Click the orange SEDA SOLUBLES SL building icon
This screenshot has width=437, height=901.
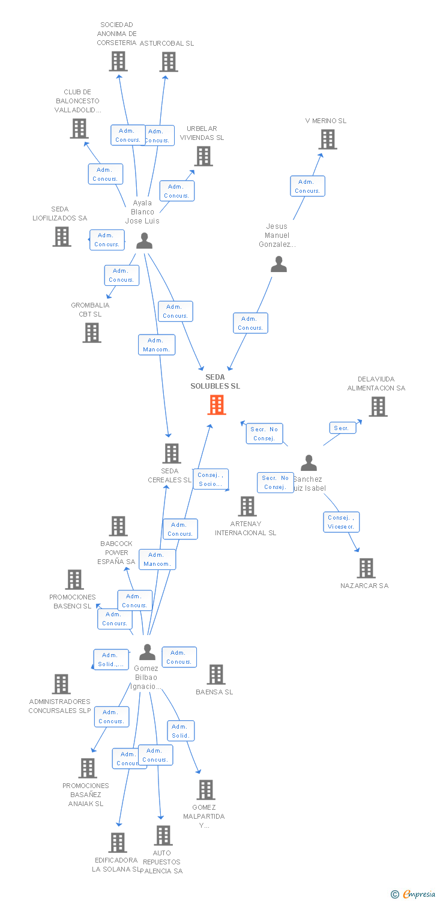coord(216,405)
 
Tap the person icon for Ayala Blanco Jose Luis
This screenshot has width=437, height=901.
coord(144,240)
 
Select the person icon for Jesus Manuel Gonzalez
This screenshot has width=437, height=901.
coord(279,264)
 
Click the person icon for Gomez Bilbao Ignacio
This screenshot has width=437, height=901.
coord(147,652)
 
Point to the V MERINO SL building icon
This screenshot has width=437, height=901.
coord(327,139)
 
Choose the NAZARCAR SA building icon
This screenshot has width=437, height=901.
coord(366,568)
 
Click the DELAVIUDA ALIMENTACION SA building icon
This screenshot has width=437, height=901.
coord(378,407)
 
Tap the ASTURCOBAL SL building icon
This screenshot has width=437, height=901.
coord(169,61)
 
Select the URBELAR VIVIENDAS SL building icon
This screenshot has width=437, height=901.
coord(203,156)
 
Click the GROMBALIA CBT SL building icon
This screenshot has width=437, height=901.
coord(92,332)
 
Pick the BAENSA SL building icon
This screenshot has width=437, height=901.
coord(216,675)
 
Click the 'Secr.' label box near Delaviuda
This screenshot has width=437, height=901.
coord(342,428)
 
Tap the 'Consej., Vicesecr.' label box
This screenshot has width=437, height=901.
coord(342,522)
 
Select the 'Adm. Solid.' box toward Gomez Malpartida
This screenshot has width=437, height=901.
coord(181,730)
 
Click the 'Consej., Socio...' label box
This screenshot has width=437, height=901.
coord(211,479)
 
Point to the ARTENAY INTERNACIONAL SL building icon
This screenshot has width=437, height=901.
coord(247,506)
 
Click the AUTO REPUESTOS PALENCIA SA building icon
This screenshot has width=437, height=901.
coord(163,835)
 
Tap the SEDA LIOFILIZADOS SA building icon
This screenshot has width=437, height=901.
coord(62,236)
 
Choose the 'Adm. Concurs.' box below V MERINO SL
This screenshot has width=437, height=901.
coord(307,186)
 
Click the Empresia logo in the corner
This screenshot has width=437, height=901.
coord(414,894)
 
